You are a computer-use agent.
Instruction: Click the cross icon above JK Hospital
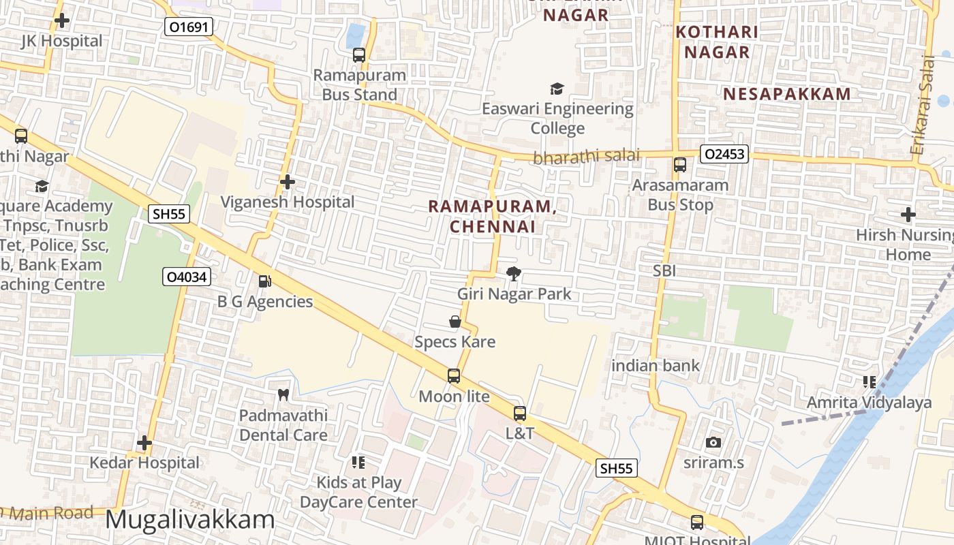point(62,20)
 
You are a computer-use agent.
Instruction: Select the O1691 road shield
point(189,27)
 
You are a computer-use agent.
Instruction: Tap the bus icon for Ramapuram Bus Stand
point(359,55)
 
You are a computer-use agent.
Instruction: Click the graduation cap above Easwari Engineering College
point(557,89)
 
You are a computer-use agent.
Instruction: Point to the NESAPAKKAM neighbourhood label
point(787,94)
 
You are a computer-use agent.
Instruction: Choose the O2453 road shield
point(724,155)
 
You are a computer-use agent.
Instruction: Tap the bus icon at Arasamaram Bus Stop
point(679,165)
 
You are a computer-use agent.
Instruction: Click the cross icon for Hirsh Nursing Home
point(908,215)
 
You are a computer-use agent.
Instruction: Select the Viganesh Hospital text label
point(288,202)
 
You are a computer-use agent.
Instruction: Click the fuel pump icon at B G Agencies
point(264,281)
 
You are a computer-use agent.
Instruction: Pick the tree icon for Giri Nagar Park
point(514,274)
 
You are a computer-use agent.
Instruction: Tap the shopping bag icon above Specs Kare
point(455,322)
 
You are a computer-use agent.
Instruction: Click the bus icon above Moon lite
point(454,375)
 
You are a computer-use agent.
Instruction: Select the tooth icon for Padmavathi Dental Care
point(283,394)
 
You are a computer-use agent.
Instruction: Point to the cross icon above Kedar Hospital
point(144,443)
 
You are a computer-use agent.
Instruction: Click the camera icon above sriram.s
point(713,442)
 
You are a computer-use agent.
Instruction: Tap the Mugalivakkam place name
point(190,520)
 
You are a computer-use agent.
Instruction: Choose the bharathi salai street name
point(586,156)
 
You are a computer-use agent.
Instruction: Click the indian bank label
point(656,366)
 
